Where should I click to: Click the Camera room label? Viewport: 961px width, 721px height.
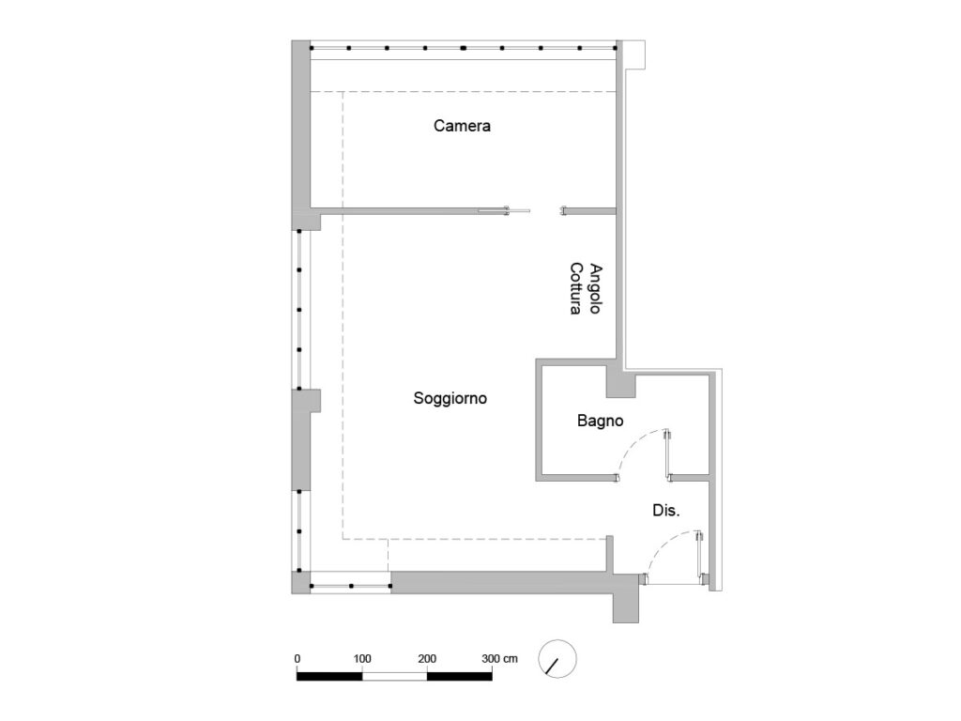point(462,126)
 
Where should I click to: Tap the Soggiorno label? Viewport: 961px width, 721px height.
point(450,398)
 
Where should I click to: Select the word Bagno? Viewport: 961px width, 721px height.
point(600,421)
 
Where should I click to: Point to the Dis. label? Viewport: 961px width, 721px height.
point(665,510)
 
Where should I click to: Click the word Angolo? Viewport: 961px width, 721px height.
point(594,289)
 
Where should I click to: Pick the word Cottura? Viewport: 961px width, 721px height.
point(575,289)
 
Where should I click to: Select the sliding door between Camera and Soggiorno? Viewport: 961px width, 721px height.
point(504,211)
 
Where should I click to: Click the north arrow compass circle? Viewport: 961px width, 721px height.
point(557,659)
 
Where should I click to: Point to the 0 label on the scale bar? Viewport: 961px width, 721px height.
point(297,659)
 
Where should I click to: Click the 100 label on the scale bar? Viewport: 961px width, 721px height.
point(361,659)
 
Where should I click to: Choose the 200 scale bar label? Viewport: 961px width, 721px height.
point(427,659)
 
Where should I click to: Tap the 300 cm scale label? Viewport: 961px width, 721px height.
point(499,659)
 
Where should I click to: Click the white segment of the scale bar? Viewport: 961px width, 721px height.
point(395,676)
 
